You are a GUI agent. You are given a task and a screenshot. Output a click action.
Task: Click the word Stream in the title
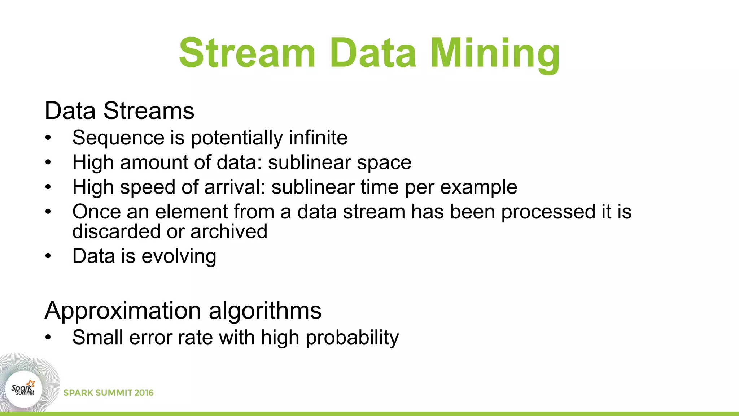tap(248, 53)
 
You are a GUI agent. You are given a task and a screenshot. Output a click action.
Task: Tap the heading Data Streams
tap(119, 110)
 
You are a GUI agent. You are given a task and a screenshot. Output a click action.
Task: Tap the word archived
tap(229, 231)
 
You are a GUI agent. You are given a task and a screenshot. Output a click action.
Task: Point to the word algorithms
tap(265, 311)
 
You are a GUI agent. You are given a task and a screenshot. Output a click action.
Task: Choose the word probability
tap(352, 338)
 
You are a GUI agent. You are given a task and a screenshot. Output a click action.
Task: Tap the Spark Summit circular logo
tap(24, 389)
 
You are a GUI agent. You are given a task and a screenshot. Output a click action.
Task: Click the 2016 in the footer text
tap(144, 393)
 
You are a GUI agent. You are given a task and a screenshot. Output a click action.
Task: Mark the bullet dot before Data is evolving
tap(48, 256)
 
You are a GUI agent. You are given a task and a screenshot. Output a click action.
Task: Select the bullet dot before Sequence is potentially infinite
tap(48, 138)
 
